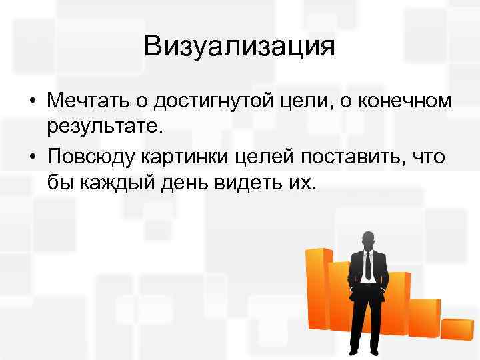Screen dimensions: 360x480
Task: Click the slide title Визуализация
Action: [239, 47]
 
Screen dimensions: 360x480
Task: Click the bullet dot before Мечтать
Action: [32, 102]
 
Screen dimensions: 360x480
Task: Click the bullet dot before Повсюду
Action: [32, 157]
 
